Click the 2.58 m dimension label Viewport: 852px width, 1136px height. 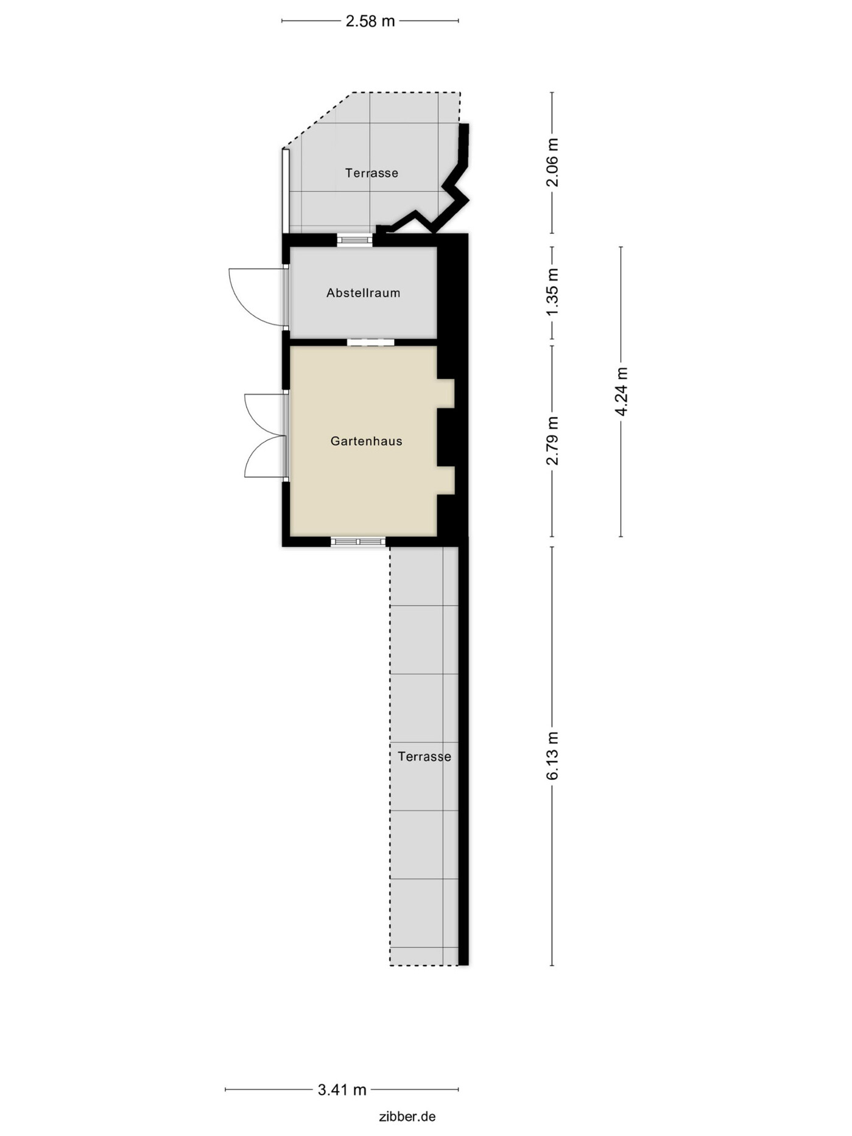(370, 21)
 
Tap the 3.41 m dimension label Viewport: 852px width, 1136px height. (342, 1089)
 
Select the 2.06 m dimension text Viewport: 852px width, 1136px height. (552, 163)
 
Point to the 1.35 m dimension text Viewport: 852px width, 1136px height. (552, 292)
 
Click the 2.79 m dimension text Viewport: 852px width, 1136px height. (552, 441)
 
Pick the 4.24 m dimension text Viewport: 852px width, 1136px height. (621, 391)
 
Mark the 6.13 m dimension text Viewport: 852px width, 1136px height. (552, 756)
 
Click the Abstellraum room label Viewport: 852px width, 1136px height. (363, 293)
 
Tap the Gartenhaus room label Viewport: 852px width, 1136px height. (366, 441)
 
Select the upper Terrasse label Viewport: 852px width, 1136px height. (371, 173)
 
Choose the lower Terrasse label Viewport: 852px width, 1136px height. (424, 756)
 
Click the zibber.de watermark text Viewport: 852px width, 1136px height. (407, 1116)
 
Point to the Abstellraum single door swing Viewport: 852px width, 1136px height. (256, 296)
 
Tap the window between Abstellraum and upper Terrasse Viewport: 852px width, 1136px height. (355, 240)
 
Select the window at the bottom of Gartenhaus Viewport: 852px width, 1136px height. (358, 541)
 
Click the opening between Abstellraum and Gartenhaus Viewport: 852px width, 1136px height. (370, 342)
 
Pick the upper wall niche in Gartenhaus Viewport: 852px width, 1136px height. (446, 393)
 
